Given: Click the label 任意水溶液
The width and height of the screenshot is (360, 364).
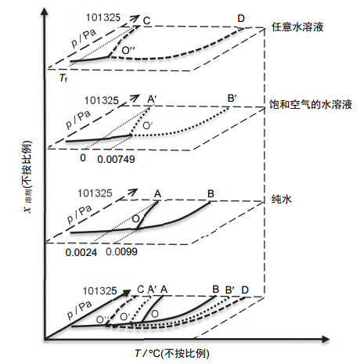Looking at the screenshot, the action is pyautogui.click(x=297, y=27).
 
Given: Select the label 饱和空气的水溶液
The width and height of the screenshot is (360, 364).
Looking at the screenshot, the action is pyautogui.click(x=311, y=104).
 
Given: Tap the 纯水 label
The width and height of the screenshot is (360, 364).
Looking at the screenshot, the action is pyautogui.click(x=281, y=200).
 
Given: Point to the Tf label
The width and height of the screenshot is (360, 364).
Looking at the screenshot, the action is pyautogui.click(x=63, y=77).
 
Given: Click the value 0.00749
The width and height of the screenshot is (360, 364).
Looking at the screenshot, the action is pyautogui.click(x=116, y=159).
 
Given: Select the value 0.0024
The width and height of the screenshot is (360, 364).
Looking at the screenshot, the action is pyautogui.click(x=81, y=252).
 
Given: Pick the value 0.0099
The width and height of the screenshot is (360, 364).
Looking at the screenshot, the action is pyautogui.click(x=121, y=251).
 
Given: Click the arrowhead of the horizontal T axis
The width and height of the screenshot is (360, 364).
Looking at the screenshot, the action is pyautogui.click(x=326, y=339).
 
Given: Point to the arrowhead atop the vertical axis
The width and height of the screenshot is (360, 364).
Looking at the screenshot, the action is pyautogui.click(x=45, y=12).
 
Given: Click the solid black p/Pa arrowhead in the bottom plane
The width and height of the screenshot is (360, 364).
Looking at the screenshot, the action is pyautogui.click(x=127, y=293).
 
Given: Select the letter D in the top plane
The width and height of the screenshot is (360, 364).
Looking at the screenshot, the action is pyautogui.click(x=241, y=19).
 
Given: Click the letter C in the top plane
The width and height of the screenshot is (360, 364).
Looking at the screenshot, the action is pyautogui.click(x=146, y=20).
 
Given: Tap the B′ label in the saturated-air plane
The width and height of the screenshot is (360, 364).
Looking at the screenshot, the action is pyautogui.click(x=232, y=99).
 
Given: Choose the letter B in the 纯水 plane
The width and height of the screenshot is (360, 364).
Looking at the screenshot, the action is pyautogui.click(x=211, y=193).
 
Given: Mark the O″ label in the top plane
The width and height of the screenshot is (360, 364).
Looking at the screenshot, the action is pyautogui.click(x=128, y=50).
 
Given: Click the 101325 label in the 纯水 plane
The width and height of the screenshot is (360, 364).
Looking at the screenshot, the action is pyautogui.click(x=95, y=193).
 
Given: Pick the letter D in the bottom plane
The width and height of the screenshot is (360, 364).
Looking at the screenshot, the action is pyautogui.click(x=245, y=290).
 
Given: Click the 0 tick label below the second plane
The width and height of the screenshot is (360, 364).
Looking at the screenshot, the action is pyautogui.click(x=83, y=158).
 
